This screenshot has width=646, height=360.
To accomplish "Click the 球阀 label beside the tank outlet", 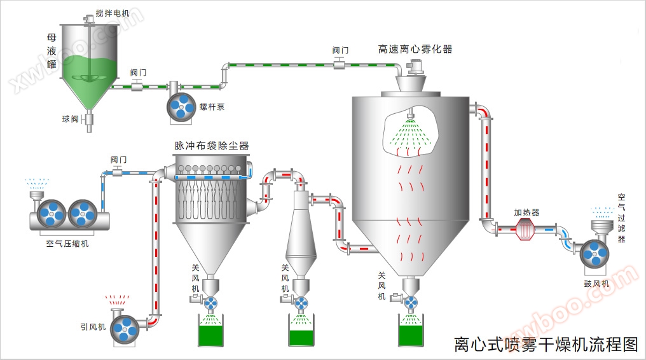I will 70,119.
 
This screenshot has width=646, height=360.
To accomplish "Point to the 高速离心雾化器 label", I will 415,49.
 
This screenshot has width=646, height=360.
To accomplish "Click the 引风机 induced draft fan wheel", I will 125,328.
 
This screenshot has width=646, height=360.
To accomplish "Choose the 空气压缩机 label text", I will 67,243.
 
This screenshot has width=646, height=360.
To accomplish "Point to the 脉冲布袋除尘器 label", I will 212,146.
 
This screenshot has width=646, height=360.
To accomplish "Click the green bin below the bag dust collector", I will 212,333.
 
